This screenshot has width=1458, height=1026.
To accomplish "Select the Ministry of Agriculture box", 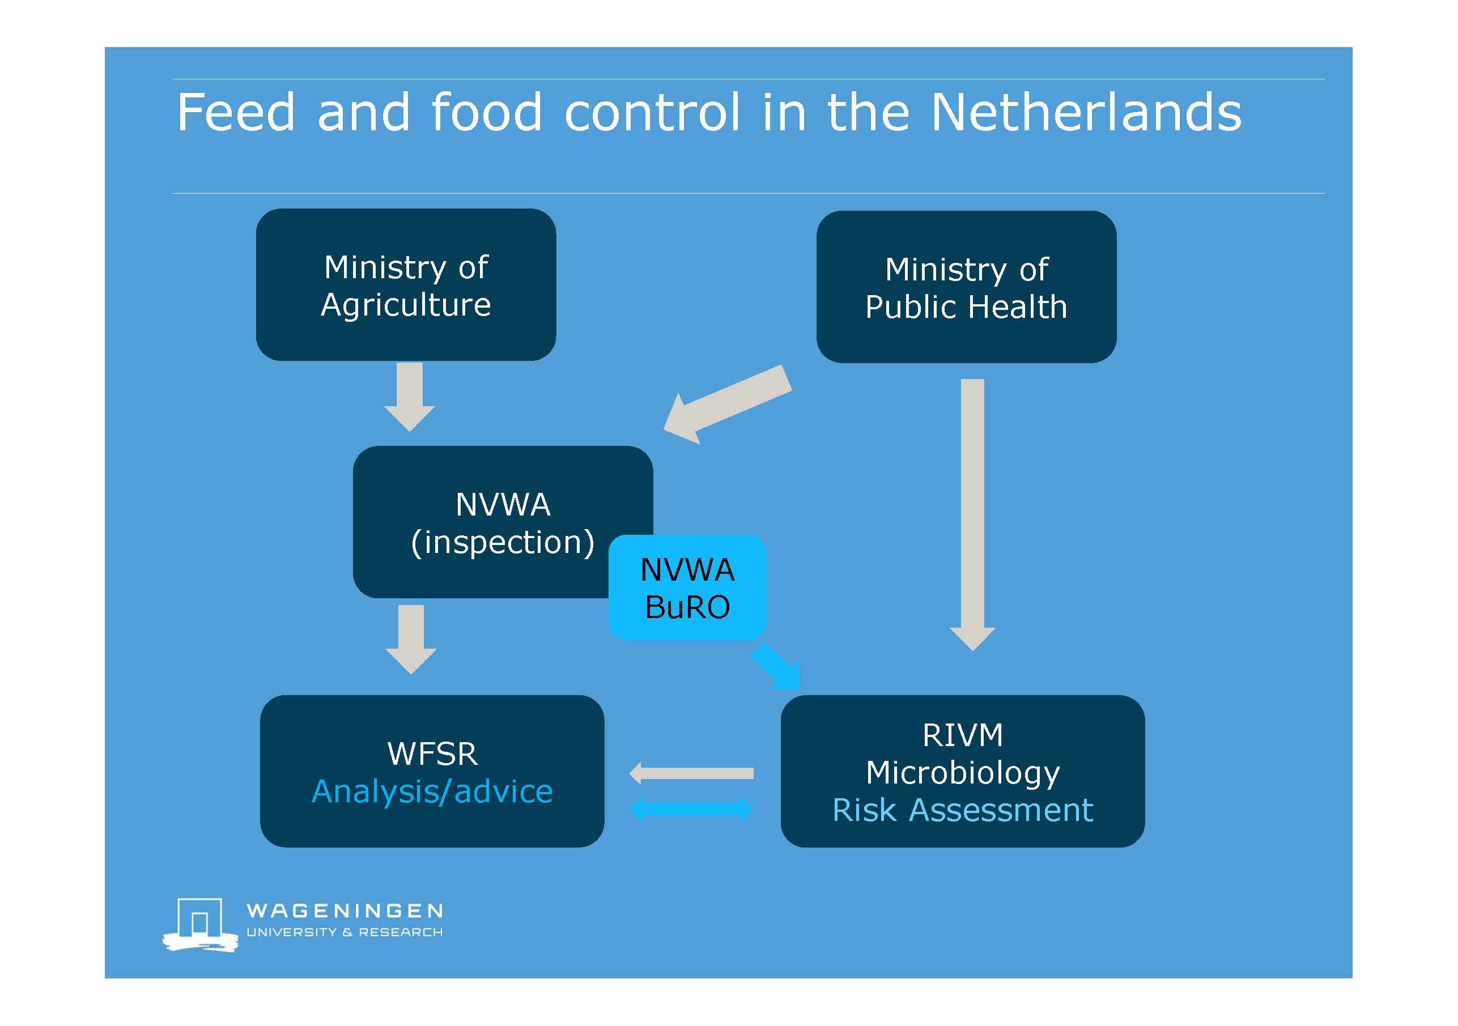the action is click(x=406, y=284).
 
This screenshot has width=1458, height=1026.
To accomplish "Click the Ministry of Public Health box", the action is click(x=967, y=287).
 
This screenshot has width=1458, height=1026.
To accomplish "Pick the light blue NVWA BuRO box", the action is click(x=688, y=587).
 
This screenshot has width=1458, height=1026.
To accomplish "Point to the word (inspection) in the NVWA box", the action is click(x=503, y=543).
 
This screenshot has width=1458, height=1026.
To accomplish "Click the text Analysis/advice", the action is click(x=432, y=791).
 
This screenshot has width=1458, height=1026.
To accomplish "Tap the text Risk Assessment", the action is click(x=963, y=810).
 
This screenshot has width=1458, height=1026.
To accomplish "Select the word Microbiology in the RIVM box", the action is click(x=963, y=773).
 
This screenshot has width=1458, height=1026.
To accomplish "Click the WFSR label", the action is click(x=432, y=753).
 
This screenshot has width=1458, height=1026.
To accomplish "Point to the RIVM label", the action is click(x=963, y=735).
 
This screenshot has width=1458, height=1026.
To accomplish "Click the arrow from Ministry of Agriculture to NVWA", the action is click(x=410, y=397).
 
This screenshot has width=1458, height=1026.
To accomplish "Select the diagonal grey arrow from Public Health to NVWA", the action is click(x=728, y=405).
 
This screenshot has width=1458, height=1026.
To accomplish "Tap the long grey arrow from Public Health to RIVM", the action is click(x=972, y=514).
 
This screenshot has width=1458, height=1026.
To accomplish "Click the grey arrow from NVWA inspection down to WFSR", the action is click(x=411, y=640).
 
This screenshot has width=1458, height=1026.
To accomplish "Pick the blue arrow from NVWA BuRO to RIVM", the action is click(x=775, y=666).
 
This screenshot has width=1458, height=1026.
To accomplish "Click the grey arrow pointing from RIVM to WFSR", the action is click(x=691, y=773).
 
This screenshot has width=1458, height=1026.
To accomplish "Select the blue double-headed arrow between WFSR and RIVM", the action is click(x=691, y=809).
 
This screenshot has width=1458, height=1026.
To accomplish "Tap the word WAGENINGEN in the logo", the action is click(x=345, y=911).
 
